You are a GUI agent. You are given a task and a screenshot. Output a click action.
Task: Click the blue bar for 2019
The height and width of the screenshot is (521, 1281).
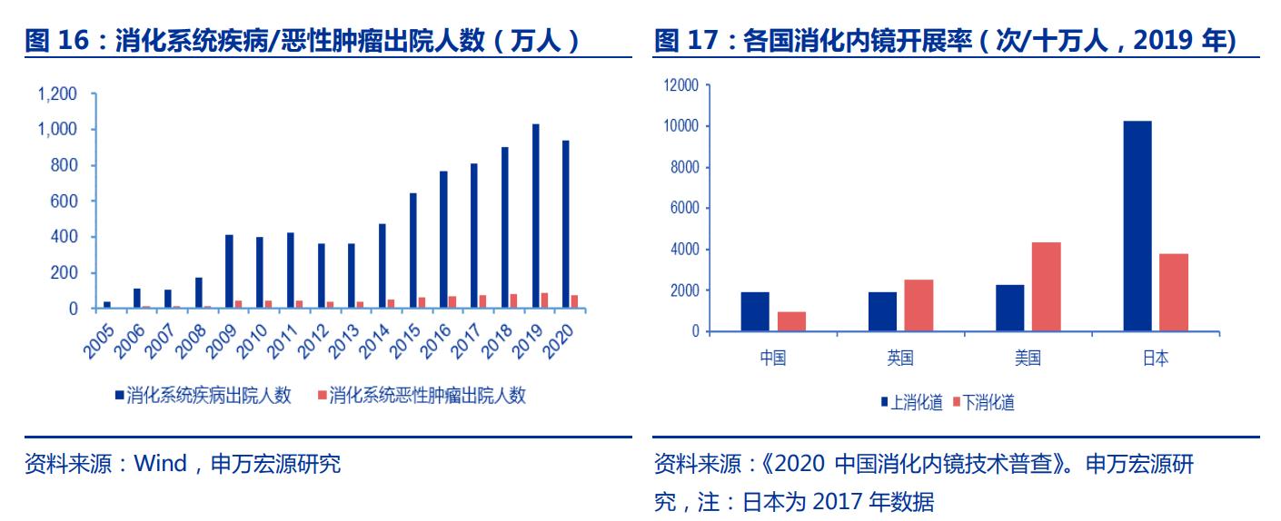pos(536,216)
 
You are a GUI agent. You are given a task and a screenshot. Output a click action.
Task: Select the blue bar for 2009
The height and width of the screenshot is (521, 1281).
pos(229,271)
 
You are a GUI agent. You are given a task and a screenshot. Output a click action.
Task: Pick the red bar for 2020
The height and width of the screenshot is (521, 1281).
pos(574,301)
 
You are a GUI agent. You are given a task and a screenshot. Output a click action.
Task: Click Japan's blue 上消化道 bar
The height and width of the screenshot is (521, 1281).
pos(1137,226)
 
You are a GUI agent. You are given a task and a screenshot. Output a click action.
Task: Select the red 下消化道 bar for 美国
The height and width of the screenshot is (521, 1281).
pos(1046,287)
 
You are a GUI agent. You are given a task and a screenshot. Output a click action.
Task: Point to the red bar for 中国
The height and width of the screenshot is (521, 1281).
pos(791,321)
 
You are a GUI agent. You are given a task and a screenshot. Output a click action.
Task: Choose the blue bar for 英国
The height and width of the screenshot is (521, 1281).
pos(882,311)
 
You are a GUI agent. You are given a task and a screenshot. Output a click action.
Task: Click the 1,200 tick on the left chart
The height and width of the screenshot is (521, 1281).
pos(57,94)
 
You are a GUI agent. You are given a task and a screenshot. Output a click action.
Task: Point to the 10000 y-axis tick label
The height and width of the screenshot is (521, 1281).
pos(681,126)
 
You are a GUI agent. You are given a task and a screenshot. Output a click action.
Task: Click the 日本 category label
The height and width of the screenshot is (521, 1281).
pos(1155,359)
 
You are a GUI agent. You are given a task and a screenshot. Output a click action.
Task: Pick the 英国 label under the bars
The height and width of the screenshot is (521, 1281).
pos(900,359)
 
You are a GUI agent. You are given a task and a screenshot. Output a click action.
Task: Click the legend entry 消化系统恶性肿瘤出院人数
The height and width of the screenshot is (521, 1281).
pos(427,396)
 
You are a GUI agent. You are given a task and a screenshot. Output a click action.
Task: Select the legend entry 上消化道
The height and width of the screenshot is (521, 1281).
pos(915,403)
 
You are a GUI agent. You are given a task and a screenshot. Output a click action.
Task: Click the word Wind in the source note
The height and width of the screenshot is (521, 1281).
pos(159,465)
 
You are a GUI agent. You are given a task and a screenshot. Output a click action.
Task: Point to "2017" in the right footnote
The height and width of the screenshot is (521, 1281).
pos(833,500)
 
